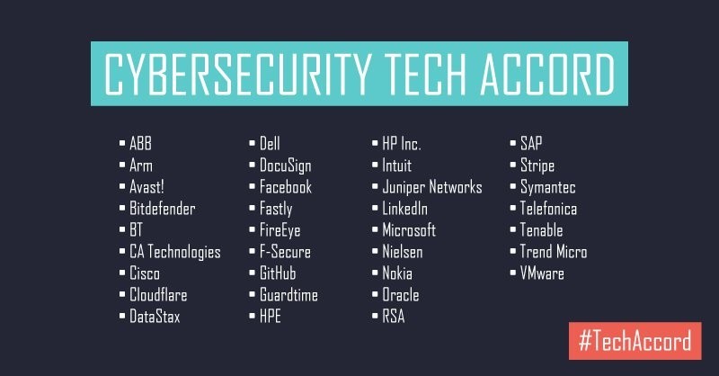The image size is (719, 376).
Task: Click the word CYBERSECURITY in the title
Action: click(237, 74)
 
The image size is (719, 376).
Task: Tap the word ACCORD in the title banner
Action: click(547, 74)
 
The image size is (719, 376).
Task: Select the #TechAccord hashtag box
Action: click(635, 341)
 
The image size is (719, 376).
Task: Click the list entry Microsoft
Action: click(409, 230)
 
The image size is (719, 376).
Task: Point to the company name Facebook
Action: click(286, 187)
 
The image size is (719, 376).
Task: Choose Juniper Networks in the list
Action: click(432, 187)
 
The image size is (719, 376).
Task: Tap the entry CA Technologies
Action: click(175, 252)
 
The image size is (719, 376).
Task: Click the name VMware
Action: click(542, 273)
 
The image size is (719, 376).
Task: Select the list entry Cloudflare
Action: click(158, 295)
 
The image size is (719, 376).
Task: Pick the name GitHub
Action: click(278, 273)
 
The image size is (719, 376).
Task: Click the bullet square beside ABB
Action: click(122, 143)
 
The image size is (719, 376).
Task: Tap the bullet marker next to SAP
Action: click(513, 143)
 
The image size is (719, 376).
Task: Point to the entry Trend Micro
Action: click(554, 252)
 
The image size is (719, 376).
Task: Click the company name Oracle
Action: click(401, 295)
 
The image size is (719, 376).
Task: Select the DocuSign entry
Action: click(285, 166)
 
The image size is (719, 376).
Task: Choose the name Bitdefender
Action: click(163, 209)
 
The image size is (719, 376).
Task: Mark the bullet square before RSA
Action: click(375, 316)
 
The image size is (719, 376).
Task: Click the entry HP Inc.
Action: click(402, 144)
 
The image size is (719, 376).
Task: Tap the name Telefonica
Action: click(548, 209)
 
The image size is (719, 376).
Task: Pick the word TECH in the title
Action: click(425, 74)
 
